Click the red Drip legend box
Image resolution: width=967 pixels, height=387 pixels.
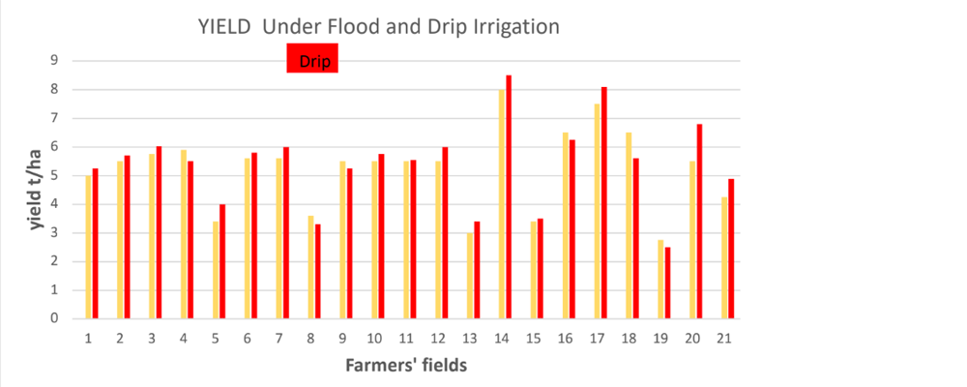(x=311, y=62)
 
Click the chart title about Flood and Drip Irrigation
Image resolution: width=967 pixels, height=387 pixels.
(x=377, y=27)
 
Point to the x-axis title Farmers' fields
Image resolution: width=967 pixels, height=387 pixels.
(x=405, y=366)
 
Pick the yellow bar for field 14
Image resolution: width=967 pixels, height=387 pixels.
(x=501, y=204)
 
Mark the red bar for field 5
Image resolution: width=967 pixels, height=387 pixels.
(x=222, y=261)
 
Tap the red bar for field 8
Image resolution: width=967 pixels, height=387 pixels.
(x=318, y=271)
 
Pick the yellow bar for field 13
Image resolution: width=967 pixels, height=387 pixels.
(x=469, y=276)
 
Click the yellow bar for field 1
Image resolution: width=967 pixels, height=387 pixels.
(x=88, y=247)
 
